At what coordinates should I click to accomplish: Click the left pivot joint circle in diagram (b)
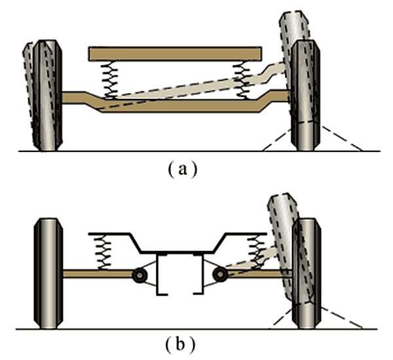(x=139, y=275)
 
